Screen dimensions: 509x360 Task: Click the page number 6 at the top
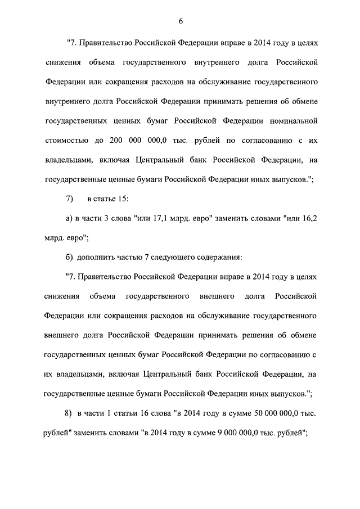pos(181,21)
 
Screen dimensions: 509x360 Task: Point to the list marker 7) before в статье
pos(70,199)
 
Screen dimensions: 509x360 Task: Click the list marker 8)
pos(69,415)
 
